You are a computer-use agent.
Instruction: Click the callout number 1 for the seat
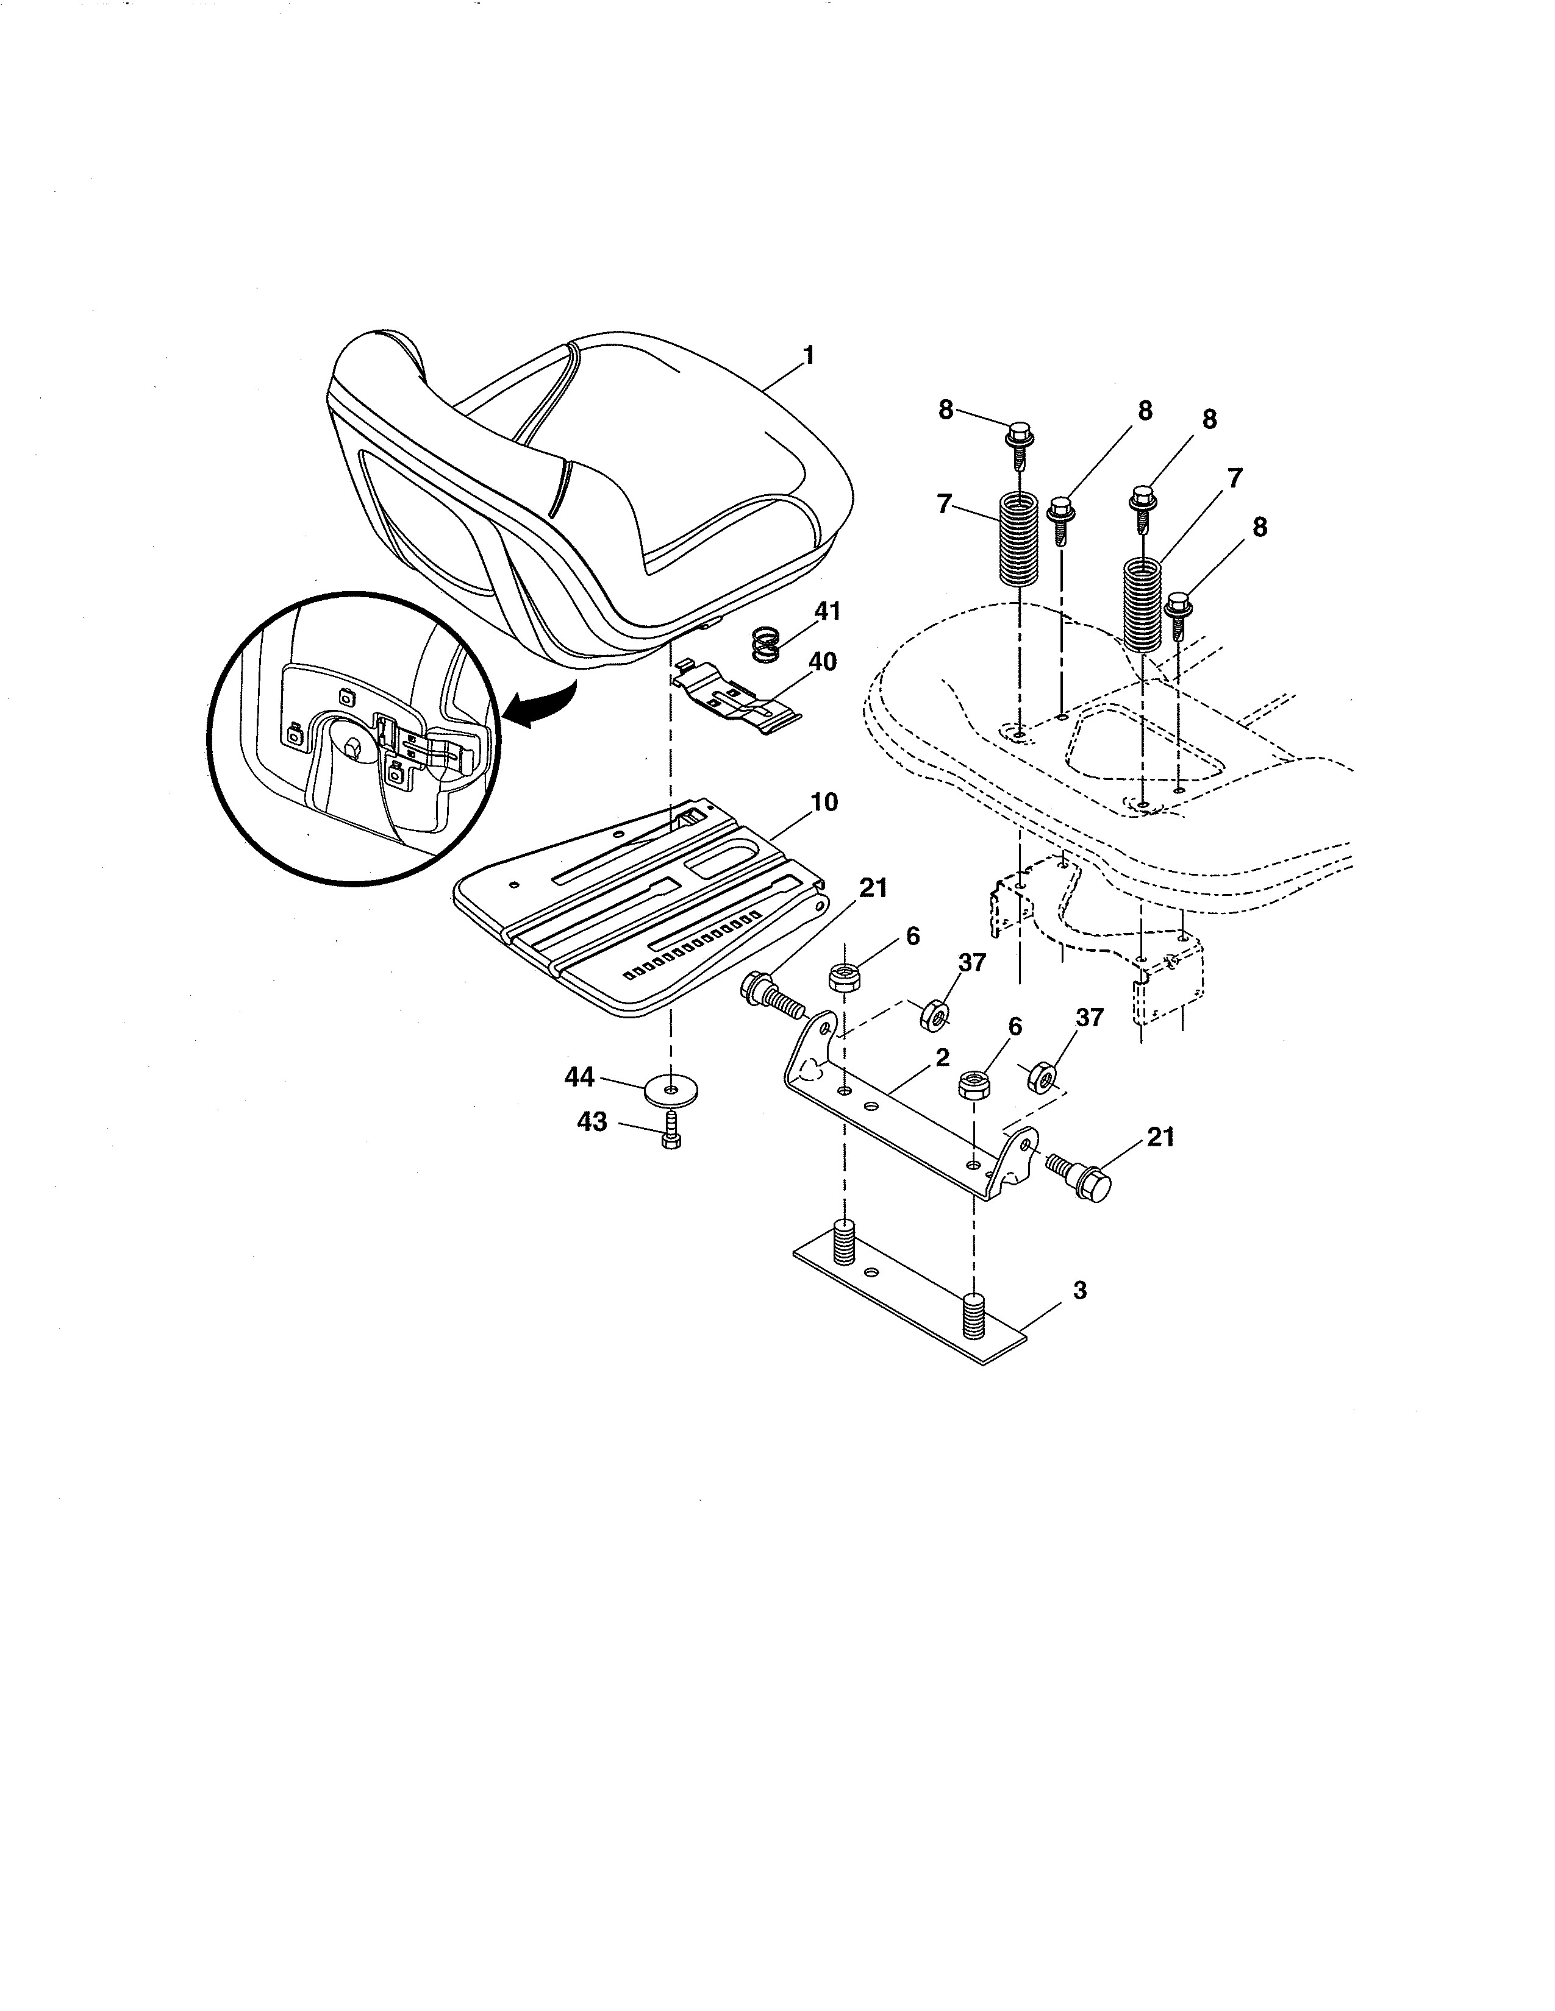(x=808, y=355)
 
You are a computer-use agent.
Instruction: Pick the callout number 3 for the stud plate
(x=1079, y=1290)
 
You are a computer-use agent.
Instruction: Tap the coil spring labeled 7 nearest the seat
(x=1019, y=537)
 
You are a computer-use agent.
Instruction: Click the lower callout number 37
(x=1090, y=1018)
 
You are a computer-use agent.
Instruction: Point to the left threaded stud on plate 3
(x=845, y=1243)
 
